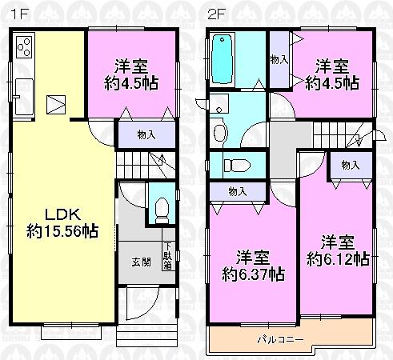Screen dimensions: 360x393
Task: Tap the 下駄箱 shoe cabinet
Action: (168, 255)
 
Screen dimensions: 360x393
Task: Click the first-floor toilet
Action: (161, 210)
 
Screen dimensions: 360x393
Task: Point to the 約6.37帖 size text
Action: (252, 274)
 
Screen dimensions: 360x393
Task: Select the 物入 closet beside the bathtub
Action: (279, 60)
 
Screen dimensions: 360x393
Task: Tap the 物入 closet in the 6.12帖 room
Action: (350, 165)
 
